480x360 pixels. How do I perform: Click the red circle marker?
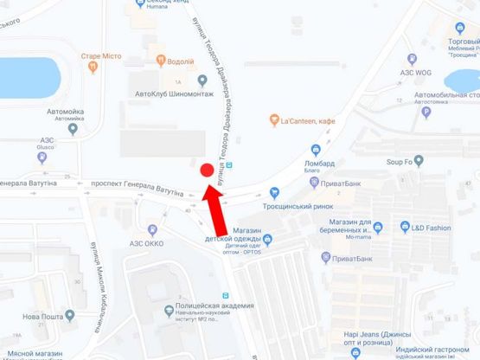pyautogui.click(x=207, y=170)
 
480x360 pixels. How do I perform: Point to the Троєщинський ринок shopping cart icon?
pyautogui.click(x=275, y=193)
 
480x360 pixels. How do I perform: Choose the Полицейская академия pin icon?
pyautogui.click(x=169, y=310)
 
